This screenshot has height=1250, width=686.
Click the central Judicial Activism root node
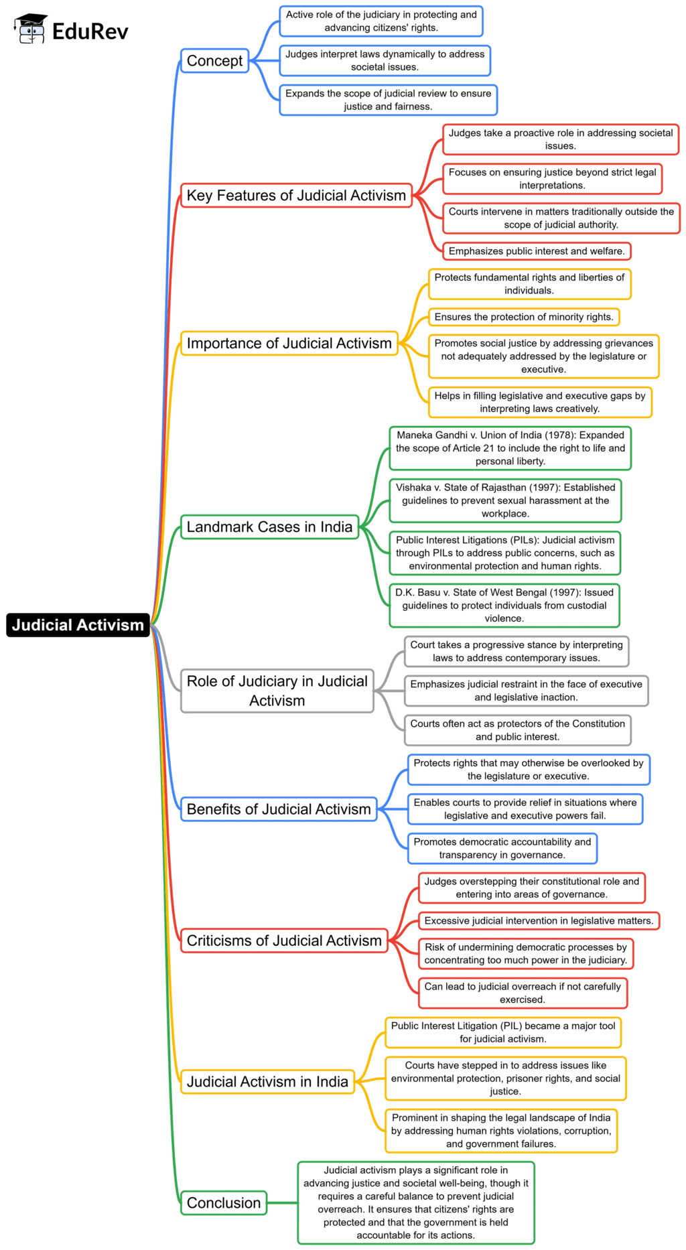(78, 624)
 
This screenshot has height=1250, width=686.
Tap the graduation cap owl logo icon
(30, 29)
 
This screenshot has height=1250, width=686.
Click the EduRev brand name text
(90, 31)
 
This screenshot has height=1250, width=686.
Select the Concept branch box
(214, 61)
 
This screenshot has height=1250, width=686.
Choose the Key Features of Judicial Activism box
(296, 196)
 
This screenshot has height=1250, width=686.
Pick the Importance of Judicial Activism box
(289, 344)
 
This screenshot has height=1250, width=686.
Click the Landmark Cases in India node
(269, 527)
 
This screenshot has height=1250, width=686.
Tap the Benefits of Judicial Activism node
(278, 809)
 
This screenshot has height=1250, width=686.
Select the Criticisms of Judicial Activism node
(284, 941)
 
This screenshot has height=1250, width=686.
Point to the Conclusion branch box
(224, 1202)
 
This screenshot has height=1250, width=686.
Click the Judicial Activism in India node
(267, 1081)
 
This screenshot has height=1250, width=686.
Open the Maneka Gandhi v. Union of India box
(510, 448)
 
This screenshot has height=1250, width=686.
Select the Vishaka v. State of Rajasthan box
(505, 500)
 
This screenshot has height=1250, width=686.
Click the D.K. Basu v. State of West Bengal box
(504, 606)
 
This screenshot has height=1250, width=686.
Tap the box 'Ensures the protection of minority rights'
(523, 317)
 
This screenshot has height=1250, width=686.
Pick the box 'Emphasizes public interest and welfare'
(536, 251)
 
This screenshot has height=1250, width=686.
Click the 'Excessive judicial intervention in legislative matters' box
(539, 921)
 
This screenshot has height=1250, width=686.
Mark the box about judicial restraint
(526, 691)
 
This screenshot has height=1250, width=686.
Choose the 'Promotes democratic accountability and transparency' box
(502, 848)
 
